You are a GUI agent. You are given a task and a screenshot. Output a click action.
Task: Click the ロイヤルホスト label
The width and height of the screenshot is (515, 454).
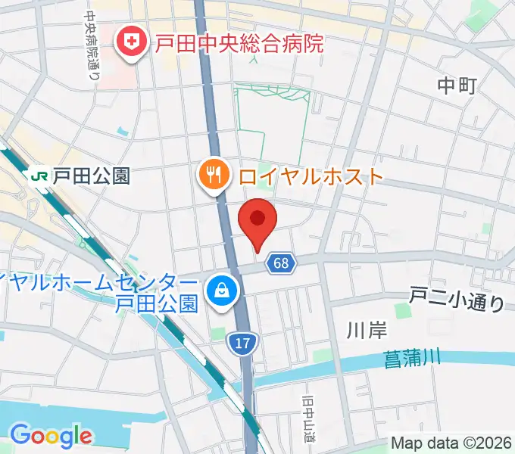311,177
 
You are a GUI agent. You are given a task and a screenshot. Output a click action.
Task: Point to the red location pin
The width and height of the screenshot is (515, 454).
257,220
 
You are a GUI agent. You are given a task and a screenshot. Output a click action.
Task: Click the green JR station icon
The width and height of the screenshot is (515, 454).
38,176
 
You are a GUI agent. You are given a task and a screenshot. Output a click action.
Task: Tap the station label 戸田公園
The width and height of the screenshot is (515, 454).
91,176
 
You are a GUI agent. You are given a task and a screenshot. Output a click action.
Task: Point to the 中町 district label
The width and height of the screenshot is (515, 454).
457,86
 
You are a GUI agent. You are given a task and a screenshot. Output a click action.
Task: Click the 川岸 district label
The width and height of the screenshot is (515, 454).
367,329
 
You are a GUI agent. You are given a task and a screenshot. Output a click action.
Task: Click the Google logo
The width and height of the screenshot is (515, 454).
51,435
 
